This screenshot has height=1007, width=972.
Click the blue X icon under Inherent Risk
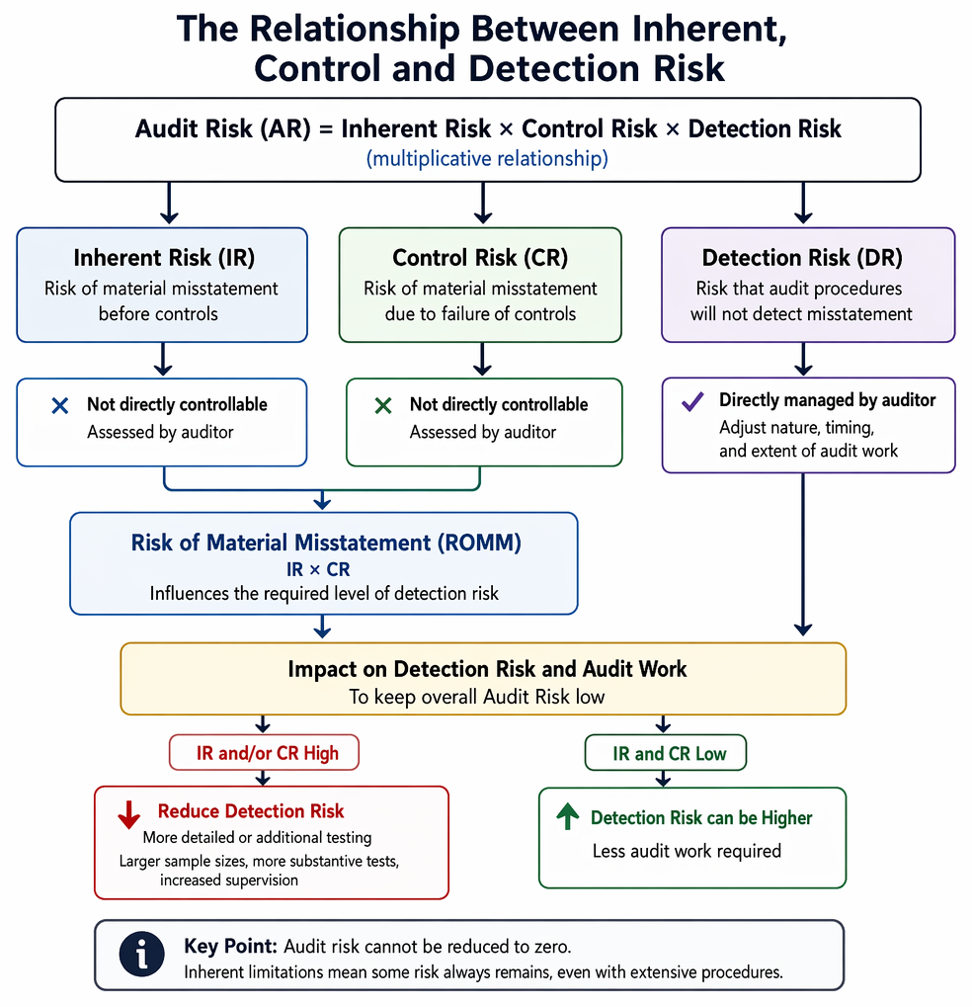(59, 406)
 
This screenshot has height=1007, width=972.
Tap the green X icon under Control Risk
(383, 406)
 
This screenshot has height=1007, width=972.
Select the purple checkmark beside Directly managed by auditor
(692, 401)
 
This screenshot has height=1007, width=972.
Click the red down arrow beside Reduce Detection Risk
(129, 814)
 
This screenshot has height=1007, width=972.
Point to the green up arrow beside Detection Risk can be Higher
(568, 816)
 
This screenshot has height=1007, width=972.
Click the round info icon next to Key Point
(142, 955)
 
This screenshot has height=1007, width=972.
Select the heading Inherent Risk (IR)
(164, 258)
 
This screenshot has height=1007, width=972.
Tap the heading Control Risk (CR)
(480, 258)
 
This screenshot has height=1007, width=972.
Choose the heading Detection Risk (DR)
(802, 258)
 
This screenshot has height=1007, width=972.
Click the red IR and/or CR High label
(267, 753)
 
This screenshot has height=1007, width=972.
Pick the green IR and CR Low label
(669, 753)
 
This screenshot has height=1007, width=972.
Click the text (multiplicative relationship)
(487, 159)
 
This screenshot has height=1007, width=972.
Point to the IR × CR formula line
(318, 569)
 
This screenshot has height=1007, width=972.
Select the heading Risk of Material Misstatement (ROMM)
(326, 543)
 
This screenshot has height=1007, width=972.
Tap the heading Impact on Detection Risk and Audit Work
(487, 669)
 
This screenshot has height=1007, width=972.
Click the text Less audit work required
(687, 851)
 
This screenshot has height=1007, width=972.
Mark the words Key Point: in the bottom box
(230, 947)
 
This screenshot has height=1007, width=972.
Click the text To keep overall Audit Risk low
(477, 697)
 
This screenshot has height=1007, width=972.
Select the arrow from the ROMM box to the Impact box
(322, 627)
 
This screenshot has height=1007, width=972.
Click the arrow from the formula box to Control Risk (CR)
(483, 203)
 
